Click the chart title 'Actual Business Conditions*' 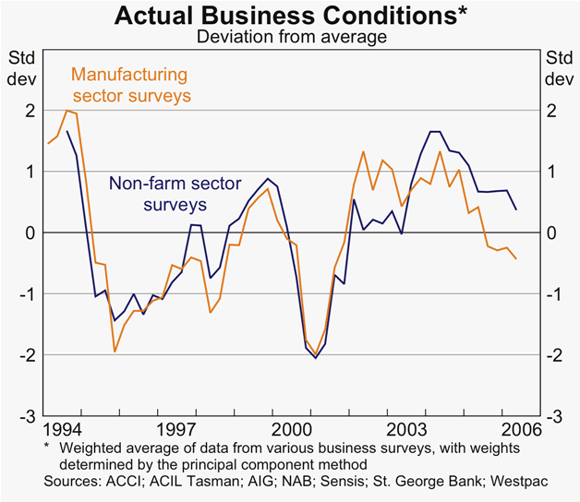290,16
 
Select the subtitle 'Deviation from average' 290,37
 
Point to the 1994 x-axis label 60,429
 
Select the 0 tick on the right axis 552,233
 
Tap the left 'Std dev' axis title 22,67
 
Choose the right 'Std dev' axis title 558,67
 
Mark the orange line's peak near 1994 67,111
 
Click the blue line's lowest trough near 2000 315,358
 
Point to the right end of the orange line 515,258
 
